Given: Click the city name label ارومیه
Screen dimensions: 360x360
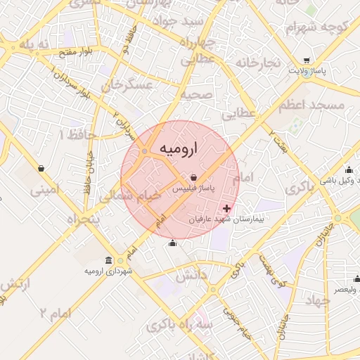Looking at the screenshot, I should (179, 148).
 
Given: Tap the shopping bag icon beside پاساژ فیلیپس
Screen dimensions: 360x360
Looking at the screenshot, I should (193, 178).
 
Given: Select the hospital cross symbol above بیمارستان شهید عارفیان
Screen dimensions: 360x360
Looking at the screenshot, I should (226, 209).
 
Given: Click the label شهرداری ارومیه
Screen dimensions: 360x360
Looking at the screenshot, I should (105, 271).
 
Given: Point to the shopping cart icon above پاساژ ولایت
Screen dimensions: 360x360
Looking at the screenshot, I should (307, 60).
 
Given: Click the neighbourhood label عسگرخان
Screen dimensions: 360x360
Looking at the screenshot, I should (127, 86).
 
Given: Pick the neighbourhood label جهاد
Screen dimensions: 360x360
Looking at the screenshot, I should (318, 300).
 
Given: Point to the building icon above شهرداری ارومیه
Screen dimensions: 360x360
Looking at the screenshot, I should (108, 259).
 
